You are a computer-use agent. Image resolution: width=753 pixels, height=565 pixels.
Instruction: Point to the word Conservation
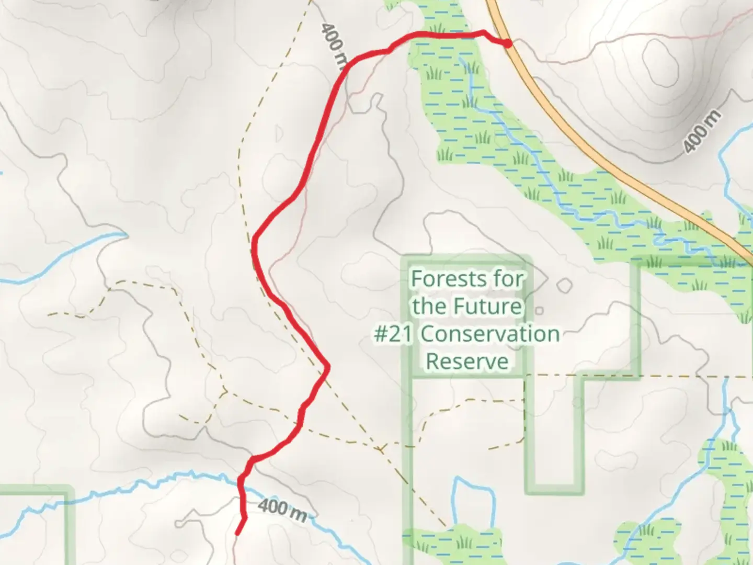[490, 334]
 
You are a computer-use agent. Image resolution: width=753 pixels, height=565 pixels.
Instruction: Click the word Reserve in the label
[467, 361]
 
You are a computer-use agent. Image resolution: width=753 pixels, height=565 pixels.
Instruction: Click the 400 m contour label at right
[702, 131]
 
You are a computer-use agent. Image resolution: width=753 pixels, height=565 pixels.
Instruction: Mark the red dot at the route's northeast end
[508, 43]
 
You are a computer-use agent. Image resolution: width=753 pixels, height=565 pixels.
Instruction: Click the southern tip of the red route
[238, 534]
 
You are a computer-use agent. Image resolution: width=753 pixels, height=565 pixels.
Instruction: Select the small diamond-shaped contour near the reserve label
[564, 286]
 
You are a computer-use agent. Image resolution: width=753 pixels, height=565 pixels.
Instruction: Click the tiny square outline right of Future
[539, 310]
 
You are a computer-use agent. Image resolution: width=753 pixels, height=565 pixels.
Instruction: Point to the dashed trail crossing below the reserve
[380, 449]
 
